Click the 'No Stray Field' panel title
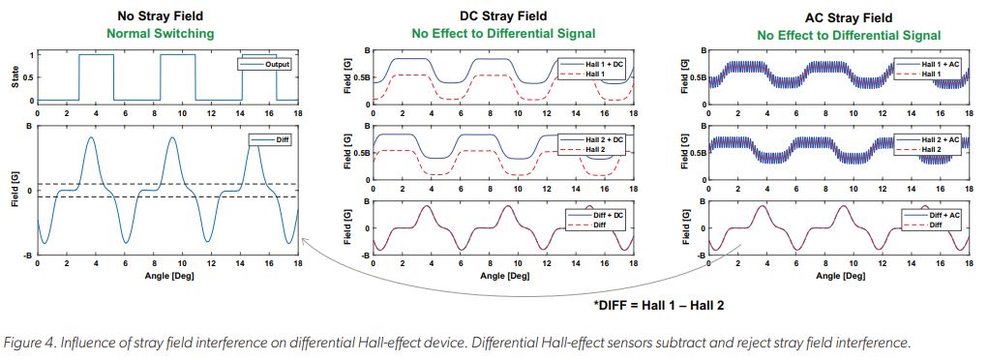point(167,16)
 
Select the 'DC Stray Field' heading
point(502,16)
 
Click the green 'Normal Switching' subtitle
point(167,34)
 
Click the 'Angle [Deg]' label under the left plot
point(166,276)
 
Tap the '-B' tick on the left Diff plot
point(27,256)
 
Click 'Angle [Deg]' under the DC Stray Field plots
point(502,276)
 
